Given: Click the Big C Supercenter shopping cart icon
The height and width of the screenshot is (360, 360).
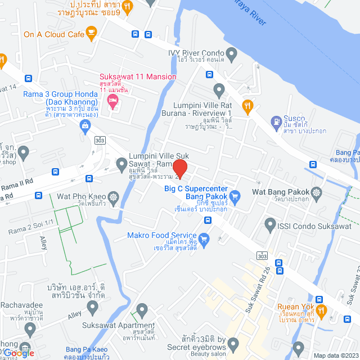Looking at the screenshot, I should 235,196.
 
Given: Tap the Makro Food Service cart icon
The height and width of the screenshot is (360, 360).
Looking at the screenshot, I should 204,239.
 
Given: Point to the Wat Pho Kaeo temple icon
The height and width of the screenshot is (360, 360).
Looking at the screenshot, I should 114,197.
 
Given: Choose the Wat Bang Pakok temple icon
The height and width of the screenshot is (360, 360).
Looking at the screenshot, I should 317,192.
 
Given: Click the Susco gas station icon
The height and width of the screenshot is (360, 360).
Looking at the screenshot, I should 276,121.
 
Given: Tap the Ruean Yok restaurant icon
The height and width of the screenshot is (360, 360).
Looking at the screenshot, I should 321,310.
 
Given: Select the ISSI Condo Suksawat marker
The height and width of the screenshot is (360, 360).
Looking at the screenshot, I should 271,223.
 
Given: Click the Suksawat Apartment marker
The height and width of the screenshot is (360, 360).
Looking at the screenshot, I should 142,310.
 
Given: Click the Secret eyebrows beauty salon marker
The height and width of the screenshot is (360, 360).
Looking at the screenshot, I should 233,343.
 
